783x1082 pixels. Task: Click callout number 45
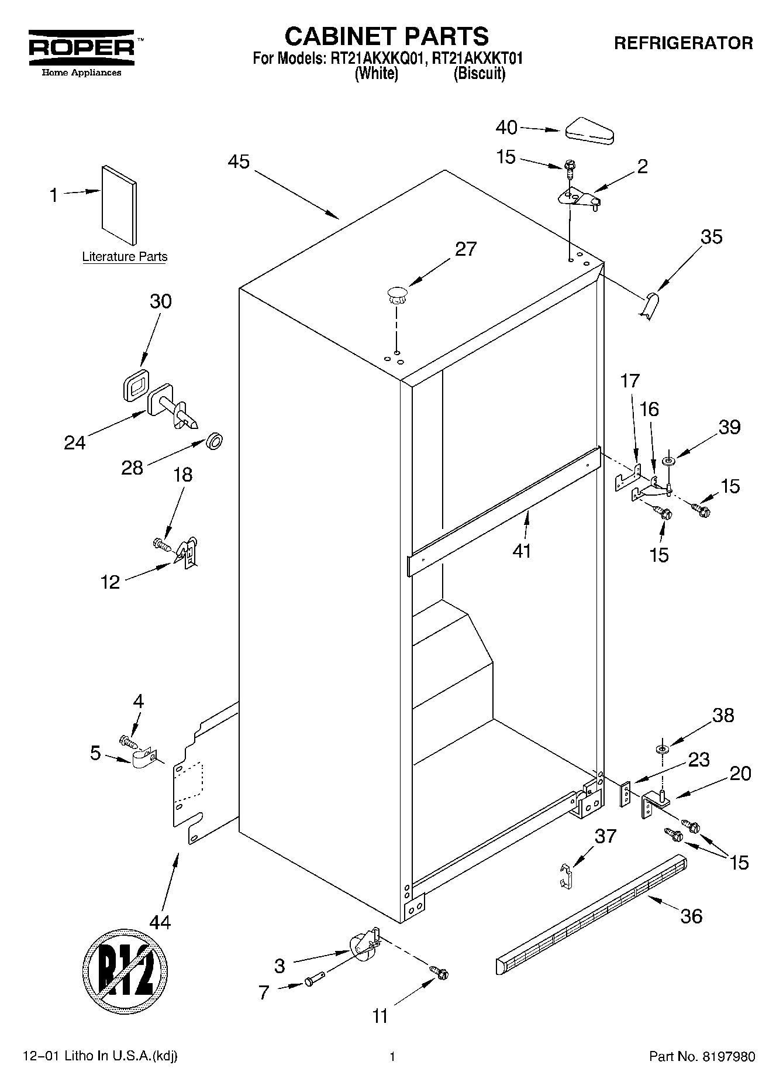(x=239, y=162)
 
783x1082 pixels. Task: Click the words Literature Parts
(x=125, y=257)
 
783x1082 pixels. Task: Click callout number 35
(x=712, y=237)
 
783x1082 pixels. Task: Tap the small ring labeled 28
(x=215, y=442)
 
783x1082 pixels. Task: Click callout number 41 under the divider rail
(x=522, y=551)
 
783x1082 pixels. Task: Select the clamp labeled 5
(x=142, y=760)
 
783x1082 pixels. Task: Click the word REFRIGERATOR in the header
(x=683, y=43)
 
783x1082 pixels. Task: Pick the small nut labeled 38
(x=662, y=749)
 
